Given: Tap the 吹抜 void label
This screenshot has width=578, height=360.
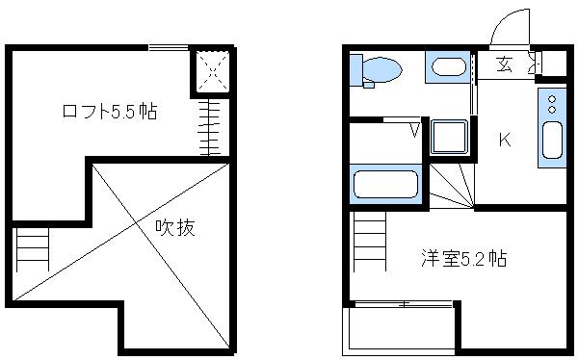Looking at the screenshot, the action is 175,228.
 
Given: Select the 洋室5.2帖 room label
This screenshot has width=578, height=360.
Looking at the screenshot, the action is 463,258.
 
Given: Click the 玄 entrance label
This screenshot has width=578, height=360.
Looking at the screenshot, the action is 504,64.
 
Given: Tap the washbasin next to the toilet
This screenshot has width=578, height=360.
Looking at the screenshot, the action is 446,67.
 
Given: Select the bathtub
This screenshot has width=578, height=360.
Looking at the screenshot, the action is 385,184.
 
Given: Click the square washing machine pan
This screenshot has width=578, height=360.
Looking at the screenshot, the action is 449,138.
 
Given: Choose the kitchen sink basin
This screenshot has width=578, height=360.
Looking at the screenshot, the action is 552,141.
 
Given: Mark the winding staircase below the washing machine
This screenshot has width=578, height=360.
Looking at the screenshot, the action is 450,185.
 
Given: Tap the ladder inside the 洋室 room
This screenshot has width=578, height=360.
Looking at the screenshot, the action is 370,241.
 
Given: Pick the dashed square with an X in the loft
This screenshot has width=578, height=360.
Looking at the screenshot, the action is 210,70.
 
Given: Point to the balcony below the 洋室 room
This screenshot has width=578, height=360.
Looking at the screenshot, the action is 399,329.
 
